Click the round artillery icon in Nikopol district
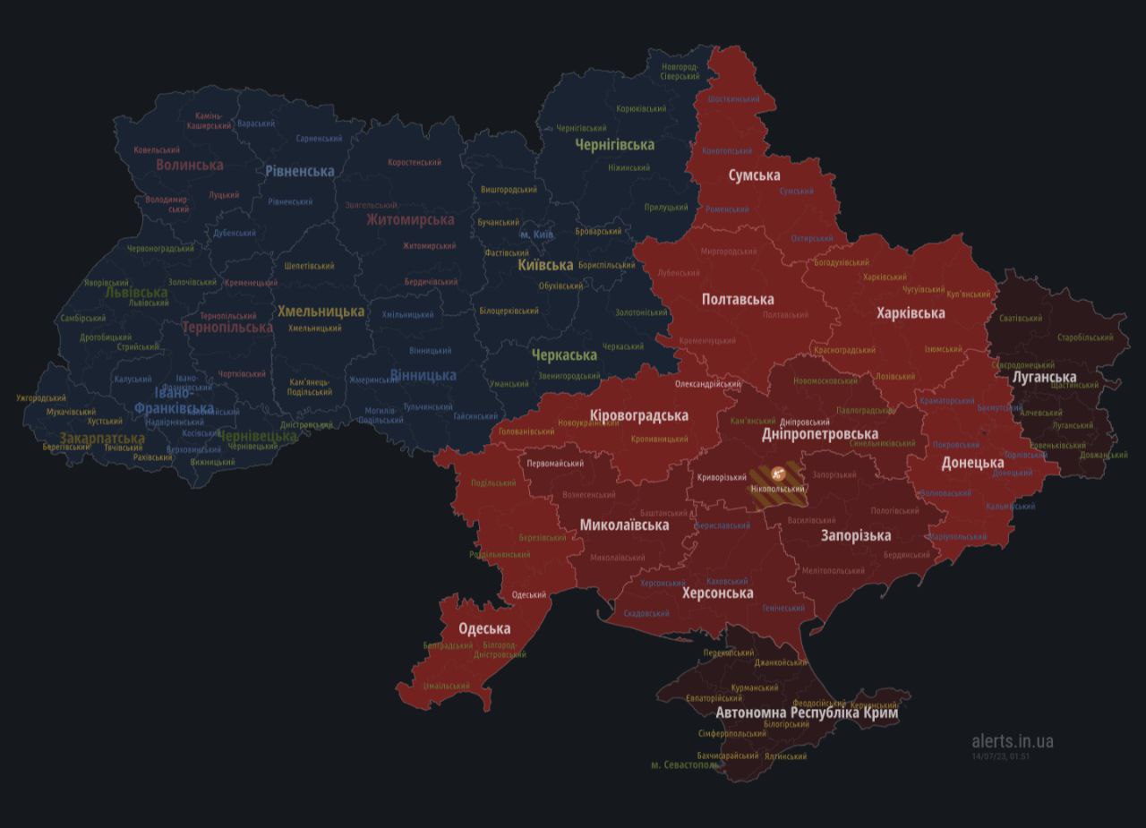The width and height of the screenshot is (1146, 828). pos(777,474)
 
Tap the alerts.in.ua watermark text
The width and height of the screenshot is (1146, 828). pos(1012,741)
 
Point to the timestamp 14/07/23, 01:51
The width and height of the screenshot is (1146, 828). pos(1000,756)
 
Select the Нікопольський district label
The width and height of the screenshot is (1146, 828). pos(776,490)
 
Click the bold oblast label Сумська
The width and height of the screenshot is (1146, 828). pos(754,175)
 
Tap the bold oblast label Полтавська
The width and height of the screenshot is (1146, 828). pos(738,299)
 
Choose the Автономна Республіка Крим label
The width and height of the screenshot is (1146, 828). pos(807,713)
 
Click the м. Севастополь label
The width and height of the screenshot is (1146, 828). pos(684,765)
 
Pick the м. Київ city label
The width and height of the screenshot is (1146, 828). pos(536,235)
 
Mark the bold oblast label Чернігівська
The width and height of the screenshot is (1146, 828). pos(614,144)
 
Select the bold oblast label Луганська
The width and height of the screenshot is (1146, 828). pos(1043,377)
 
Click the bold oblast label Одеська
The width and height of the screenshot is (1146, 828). pos(484,628)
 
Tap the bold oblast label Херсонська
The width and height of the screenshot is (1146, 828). pos(717,593)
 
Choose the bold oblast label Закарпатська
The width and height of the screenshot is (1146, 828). pos(102,439)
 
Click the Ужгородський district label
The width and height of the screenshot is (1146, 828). pos(41,398)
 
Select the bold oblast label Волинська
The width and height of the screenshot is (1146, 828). pos(189,165)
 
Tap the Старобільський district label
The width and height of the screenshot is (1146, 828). pos(1085,337)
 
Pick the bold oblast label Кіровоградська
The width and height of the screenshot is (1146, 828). pos(639,415)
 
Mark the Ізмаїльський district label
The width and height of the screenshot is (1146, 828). pos(447,687)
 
